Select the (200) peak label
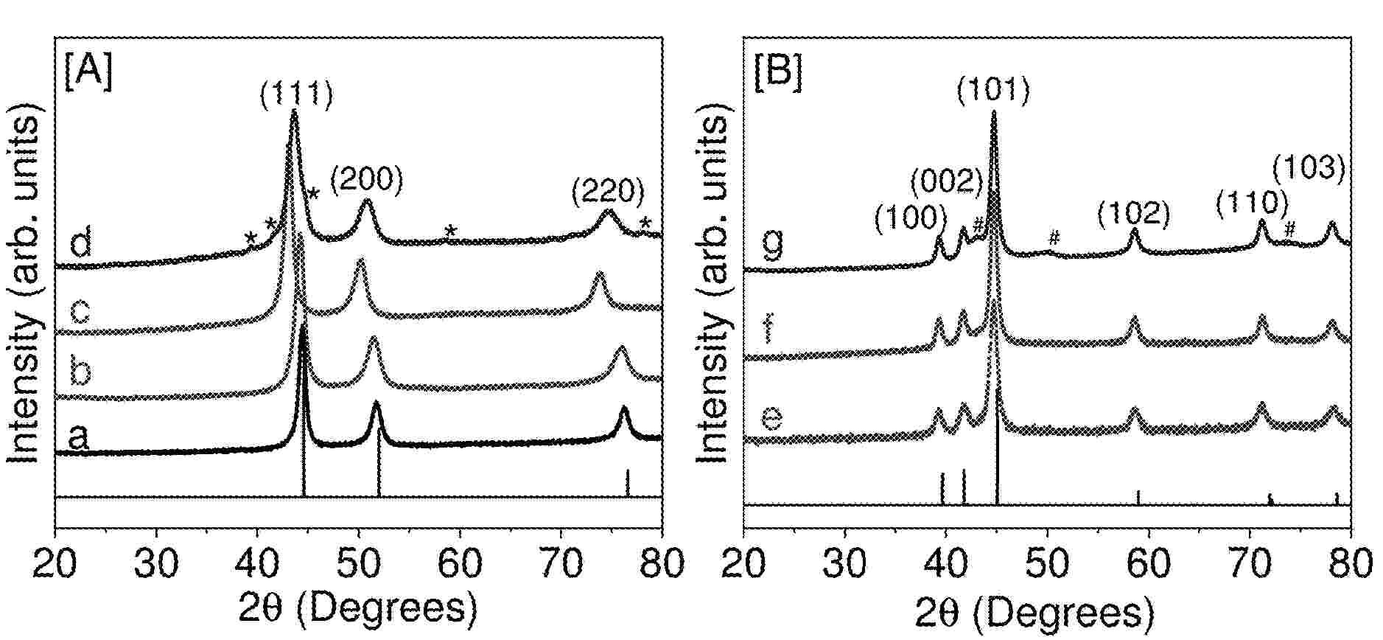(366, 180)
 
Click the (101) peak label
(993, 90)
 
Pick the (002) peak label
(947, 179)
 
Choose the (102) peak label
(1133, 214)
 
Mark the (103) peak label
(1310, 169)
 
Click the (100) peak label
(911, 218)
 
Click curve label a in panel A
(78, 438)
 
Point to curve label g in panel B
(772, 243)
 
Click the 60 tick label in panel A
(460, 564)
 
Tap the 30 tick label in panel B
(845, 564)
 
